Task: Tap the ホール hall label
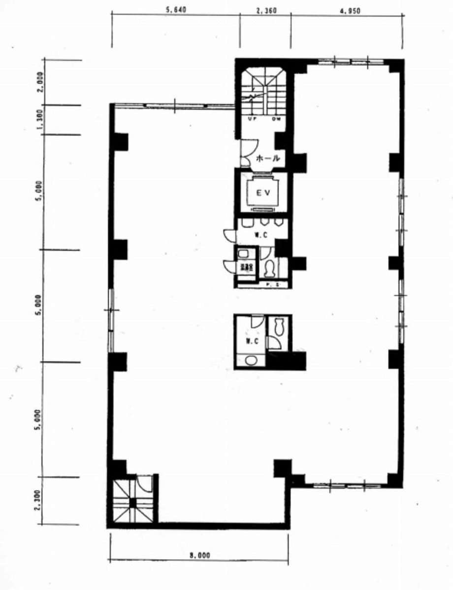click(x=268, y=158)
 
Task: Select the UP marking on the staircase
click(x=251, y=119)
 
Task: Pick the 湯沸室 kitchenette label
click(x=246, y=268)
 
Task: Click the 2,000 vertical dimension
click(x=40, y=82)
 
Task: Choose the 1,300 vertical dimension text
click(x=40, y=120)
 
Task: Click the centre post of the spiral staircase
click(x=132, y=502)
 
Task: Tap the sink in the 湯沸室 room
click(x=243, y=254)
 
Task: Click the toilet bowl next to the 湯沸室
click(x=270, y=269)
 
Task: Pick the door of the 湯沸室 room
click(x=229, y=265)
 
